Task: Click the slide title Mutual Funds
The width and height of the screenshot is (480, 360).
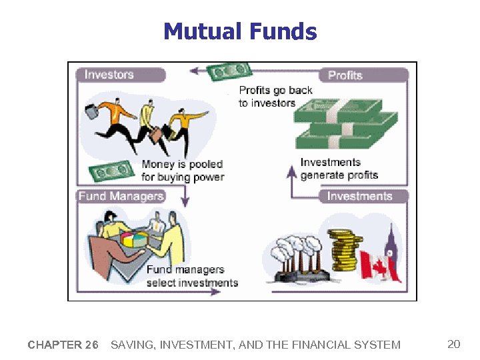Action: [x=240, y=31]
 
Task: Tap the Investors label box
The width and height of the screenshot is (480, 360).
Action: [x=120, y=75]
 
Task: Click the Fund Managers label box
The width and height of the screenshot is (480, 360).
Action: [x=121, y=196]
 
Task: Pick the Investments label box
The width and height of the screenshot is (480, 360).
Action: [x=363, y=196]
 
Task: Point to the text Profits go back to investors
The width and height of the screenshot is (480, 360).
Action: [x=275, y=97]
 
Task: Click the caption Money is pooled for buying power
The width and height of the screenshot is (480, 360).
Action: [x=182, y=171]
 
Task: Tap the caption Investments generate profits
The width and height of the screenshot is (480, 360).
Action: [x=339, y=169]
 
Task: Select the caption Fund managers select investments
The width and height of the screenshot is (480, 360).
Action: [x=192, y=276]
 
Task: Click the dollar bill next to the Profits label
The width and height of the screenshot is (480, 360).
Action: [x=229, y=71]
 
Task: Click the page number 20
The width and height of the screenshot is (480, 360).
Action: [x=453, y=344]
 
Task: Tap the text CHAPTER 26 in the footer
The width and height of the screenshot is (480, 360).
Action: [x=63, y=345]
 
